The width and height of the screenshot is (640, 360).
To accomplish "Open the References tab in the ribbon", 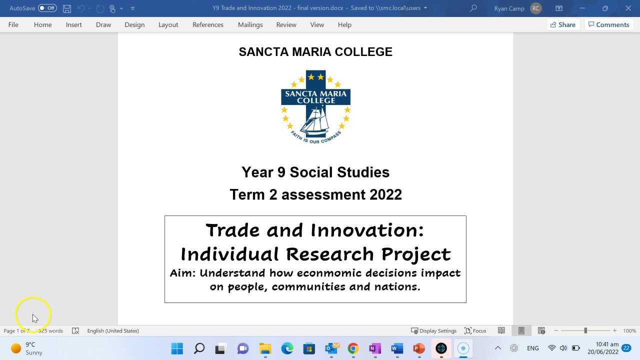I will click(207, 24).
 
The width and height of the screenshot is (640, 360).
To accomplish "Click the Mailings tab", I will click(250, 24).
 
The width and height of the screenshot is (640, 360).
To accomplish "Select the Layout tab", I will click(168, 24).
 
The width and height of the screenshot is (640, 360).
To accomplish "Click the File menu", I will click(13, 24).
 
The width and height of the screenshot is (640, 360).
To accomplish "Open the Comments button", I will click(608, 24).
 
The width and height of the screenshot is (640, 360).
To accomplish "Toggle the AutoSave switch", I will click(47, 8).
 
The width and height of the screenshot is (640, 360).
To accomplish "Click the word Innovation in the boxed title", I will click(367, 230).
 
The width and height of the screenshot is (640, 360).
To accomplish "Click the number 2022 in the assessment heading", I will click(385, 194).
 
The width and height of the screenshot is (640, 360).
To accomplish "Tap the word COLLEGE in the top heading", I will click(363, 52).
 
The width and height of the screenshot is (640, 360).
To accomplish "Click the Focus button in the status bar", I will click(475, 330).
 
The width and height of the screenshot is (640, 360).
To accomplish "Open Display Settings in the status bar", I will click(433, 330).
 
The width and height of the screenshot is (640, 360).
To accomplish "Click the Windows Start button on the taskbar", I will click(177, 348).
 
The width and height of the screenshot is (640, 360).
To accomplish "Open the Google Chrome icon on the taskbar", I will click(353, 348).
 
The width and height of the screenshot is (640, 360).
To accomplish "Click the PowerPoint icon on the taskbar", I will click(419, 348).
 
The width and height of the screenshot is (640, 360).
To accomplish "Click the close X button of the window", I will click(628, 8).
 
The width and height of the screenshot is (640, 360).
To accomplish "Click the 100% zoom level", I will click(629, 330).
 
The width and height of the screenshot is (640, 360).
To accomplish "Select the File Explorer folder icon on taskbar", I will click(265, 348).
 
